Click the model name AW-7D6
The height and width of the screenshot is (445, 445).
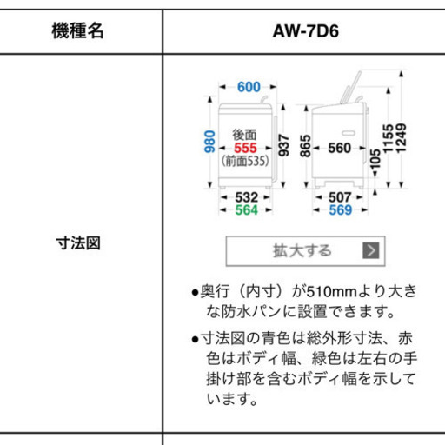click(x=306, y=31)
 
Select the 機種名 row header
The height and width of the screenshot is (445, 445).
click(x=77, y=30)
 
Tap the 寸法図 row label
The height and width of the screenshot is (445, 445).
click(x=78, y=242)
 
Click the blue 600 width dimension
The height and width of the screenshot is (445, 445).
click(x=249, y=87)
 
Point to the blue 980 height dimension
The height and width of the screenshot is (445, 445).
click(x=209, y=142)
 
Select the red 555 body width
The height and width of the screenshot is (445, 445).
click(x=245, y=148)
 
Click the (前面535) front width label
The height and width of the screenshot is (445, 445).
click(x=245, y=161)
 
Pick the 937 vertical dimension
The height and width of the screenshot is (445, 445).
click(x=283, y=145)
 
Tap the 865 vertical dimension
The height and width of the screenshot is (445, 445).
click(x=306, y=146)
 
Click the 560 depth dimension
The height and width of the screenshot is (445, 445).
click(x=340, y=148)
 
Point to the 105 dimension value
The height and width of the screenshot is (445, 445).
click(x=375, y=159)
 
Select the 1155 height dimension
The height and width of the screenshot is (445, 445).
click(x=389, y=138)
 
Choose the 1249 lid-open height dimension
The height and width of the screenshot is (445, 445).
click(x=402, y=138)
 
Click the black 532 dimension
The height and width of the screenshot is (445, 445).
click(x=247, y=197)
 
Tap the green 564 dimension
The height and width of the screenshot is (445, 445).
click(x=247, y=210)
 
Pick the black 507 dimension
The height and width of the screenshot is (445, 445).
click(x=340, y=197)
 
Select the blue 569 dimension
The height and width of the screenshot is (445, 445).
click(x=341, y=210)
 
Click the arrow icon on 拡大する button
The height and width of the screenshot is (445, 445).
click(x=371, y=250)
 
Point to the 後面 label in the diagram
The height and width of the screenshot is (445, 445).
click(x=244, y=135)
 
